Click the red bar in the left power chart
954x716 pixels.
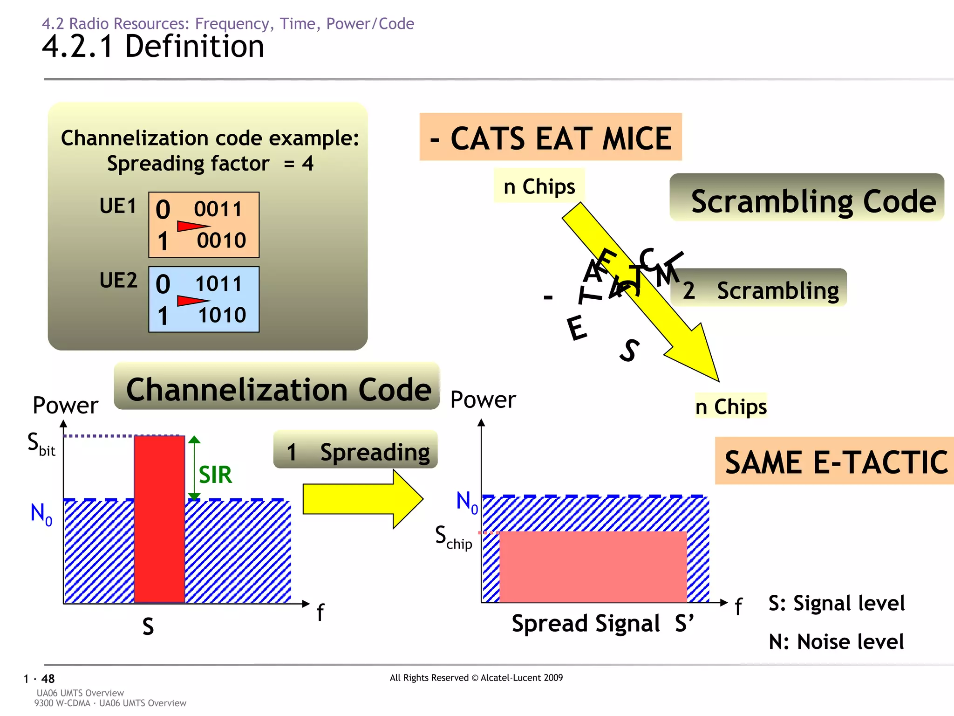tap(159, 519)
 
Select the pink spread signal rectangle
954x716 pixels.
tap(593, 566)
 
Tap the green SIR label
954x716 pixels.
tap(215, 475)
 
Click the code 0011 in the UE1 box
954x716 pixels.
tap(218, 209)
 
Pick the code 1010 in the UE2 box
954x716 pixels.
tap(222, 315)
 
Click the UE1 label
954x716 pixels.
tap(118, 206)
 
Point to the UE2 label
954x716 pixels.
tap(118, 280)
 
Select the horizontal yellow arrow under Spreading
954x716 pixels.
tap(362, 499)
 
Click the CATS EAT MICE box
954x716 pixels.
tap(551, 138)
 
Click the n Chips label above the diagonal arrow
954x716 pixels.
tap(539, 186)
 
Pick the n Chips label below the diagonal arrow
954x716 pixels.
tap(730, 406)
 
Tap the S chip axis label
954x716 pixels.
tap(453, 537)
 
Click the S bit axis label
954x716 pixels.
tap(41, 443)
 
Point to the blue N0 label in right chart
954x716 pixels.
tap(467, 502)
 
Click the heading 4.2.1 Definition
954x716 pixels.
tap(153, 47)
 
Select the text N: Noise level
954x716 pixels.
tap(836, 641)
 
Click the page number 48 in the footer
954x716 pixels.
tap(48, 679)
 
